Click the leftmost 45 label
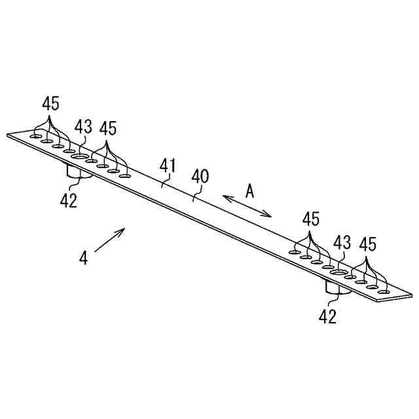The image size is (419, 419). pyautogui.click(x=50, y=103)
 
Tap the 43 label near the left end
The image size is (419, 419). pyautogui.click(x=83, y=127)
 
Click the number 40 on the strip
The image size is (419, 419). pyautogui.click(x=200, y=176)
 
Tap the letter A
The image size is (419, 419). pyautogui.click(x=249, y=191)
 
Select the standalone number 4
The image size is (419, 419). pyautogui.click(x=83, y=258)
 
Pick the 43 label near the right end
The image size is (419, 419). pyautogui.click(x=342, y=242)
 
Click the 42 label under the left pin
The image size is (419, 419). pyautogui.click(x=68, y=200)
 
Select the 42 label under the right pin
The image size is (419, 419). pyautogui.click(x=327, y=317)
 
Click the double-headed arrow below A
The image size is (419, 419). pyautogui.click(x=247, y=205)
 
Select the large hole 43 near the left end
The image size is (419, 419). pyautogui.click(x=79, y=158)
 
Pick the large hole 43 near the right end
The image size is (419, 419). pyautogui.click(x=338, y=271)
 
